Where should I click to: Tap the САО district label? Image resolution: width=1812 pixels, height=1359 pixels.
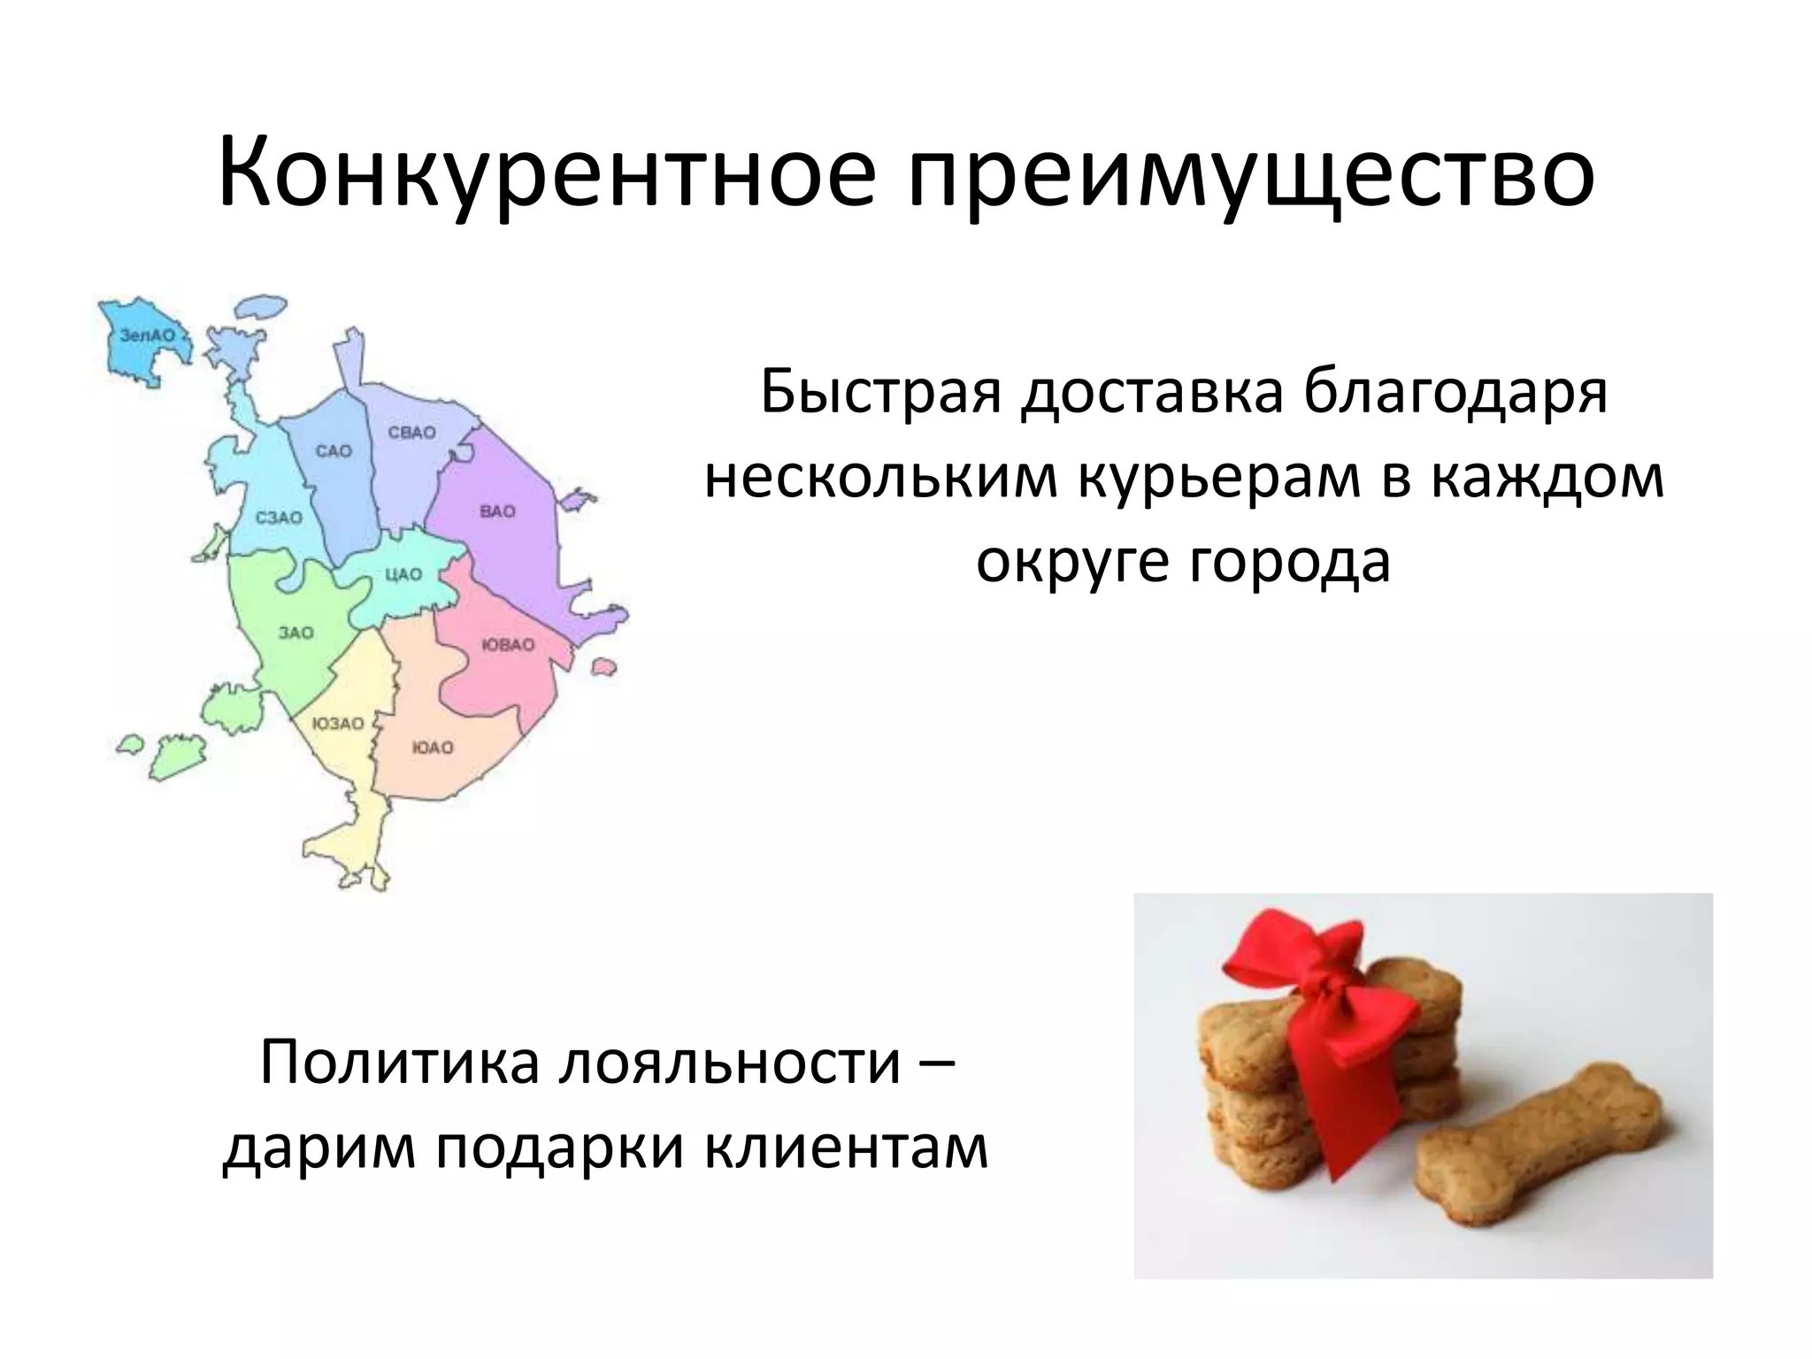coord(334,451)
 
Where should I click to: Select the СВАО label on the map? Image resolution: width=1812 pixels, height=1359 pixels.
coord(412,433)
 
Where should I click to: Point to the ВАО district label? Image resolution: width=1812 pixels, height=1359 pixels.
coord(497,511)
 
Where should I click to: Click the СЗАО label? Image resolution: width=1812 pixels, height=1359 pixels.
coord(279,518)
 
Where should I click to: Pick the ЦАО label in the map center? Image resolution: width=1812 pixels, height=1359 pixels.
coord(403,574)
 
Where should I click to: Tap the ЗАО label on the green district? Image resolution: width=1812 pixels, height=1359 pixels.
coord(296,633)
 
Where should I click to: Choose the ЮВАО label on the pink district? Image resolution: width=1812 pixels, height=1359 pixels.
coord(508,645)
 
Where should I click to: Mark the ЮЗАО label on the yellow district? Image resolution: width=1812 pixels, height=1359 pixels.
coord(338,724)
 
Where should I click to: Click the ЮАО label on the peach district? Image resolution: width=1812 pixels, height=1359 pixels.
coord(433,748)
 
